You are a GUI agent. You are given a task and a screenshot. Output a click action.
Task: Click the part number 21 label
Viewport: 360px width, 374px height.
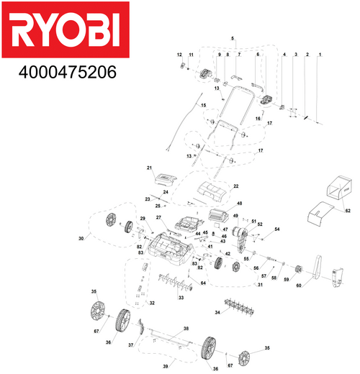point(150,168)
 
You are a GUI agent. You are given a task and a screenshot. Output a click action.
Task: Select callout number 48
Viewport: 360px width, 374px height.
point(239,204)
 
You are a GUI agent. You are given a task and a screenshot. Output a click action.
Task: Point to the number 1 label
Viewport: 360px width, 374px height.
point(320,55)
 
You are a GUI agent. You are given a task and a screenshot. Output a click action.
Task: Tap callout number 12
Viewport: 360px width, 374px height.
point(181,55)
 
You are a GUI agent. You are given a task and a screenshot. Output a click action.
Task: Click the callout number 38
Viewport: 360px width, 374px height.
point(186,329)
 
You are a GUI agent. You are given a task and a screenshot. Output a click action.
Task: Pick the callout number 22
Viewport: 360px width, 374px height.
point(235,186)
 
